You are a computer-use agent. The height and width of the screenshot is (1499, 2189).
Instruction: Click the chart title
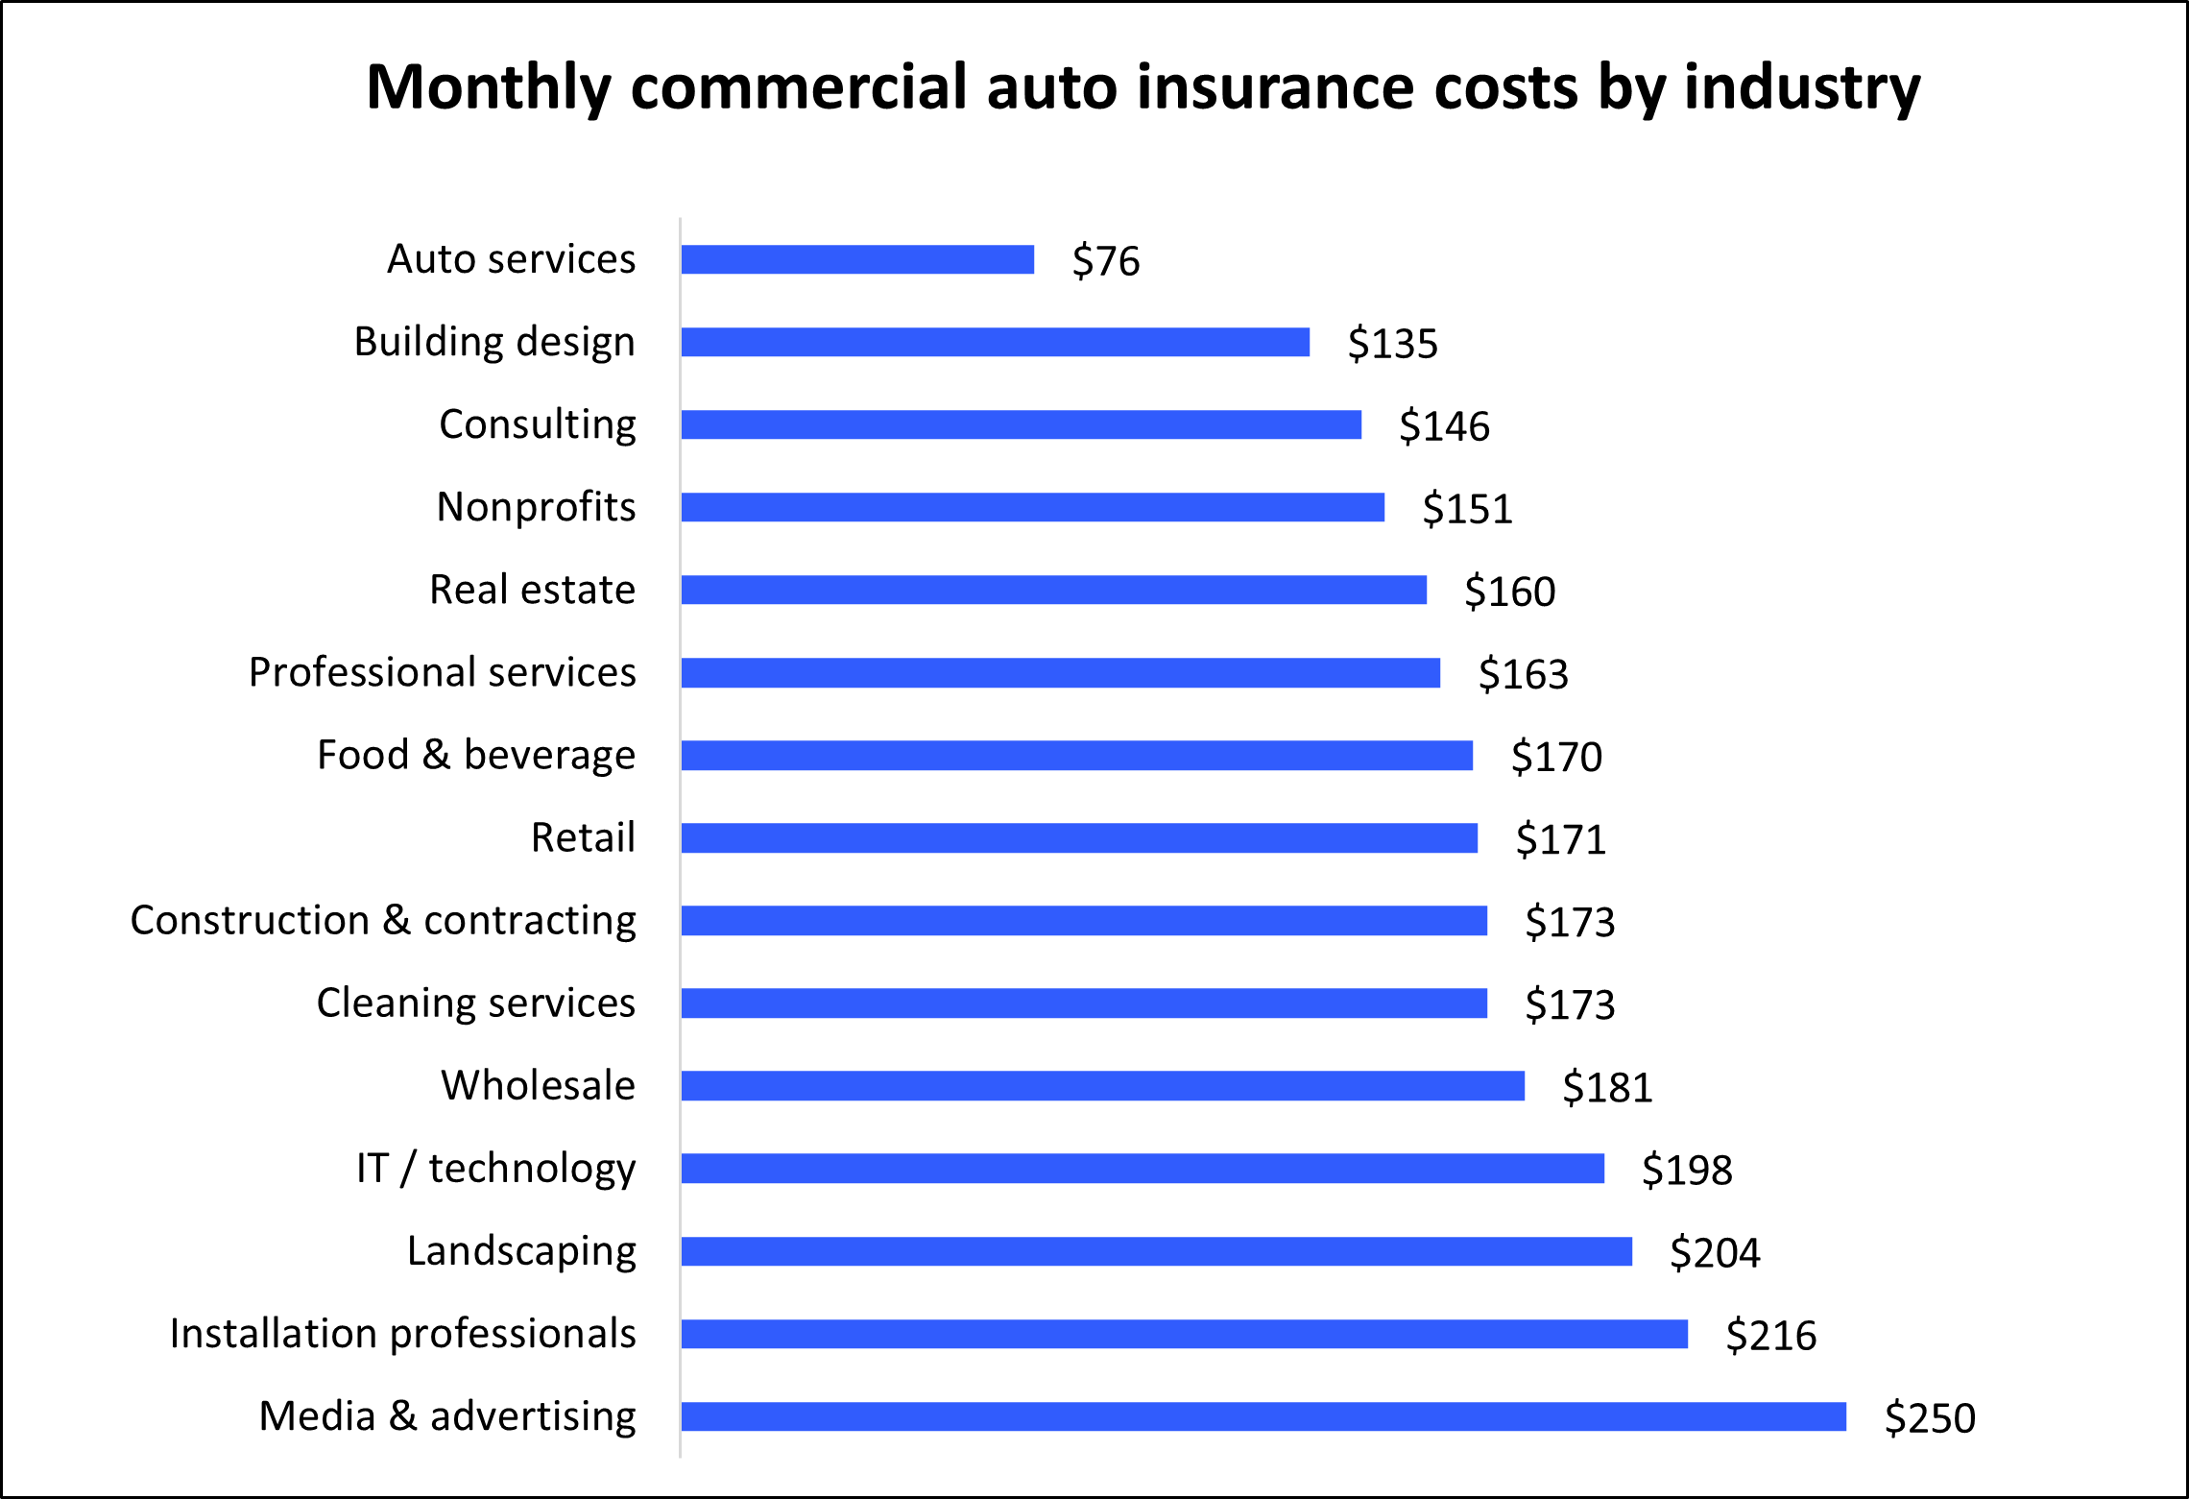[1143, 87]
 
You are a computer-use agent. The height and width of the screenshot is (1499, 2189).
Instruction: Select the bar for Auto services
[857, 259]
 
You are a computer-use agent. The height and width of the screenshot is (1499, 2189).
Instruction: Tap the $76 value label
[1106, 261]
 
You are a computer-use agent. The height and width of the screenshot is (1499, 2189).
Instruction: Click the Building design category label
[494, 342]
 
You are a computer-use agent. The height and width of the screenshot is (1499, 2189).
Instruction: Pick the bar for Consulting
[1021, 424]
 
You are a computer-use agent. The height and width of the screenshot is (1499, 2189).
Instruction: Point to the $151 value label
[1467, 509]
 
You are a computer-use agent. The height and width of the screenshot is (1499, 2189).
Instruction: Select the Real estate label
[532, 590]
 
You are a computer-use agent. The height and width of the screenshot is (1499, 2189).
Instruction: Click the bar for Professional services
[1060, 673]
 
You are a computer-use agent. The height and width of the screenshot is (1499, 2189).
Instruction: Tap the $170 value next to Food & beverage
[1556, 757]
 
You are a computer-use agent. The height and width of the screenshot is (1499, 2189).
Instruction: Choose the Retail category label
[583, 837]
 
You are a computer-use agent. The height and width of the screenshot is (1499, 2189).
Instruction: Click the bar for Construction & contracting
[1084, 920]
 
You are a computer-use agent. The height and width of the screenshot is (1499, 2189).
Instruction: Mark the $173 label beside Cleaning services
[1570, 1004]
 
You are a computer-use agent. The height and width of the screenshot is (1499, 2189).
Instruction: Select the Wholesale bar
[1102, 1086]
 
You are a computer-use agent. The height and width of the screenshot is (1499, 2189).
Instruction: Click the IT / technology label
[495, 1169]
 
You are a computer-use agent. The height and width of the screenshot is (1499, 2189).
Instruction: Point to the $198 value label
[1687, 1170]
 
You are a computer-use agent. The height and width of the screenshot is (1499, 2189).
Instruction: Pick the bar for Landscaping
[1156, 1251]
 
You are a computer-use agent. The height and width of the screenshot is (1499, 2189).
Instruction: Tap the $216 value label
[1770, 1336]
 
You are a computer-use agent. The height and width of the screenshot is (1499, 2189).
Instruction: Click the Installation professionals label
[402, 1334]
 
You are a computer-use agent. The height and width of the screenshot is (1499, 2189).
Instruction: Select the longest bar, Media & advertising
[1263, 1416]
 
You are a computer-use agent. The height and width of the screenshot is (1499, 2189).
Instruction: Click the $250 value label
[1930, 1418]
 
